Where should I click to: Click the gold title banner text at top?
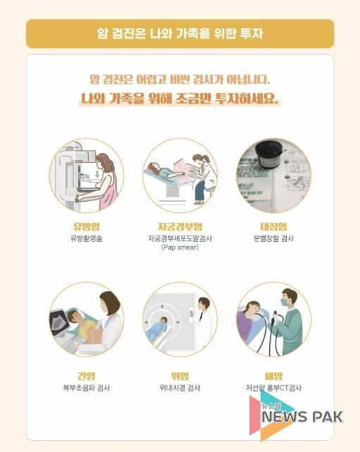point(180,33)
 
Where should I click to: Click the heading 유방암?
point(87,226)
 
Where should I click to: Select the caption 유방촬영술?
point(87,238)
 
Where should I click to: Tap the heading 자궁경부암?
point(180,226)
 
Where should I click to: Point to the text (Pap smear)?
point(180,248)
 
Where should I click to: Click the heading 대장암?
point(273,226)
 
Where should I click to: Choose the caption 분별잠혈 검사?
point(273,238)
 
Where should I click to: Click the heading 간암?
point(86,376)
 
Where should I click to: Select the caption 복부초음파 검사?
point(87,388)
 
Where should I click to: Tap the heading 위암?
point(180,376)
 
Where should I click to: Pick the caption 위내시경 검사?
point(180,388)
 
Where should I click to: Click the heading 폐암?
point(273,376)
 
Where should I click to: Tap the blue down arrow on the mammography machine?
point(97,174)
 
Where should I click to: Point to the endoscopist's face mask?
point(286,303)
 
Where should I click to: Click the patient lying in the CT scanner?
point(157,329)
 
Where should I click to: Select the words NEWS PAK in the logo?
point(302,417)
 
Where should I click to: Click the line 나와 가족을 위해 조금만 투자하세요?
point(180,99)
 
